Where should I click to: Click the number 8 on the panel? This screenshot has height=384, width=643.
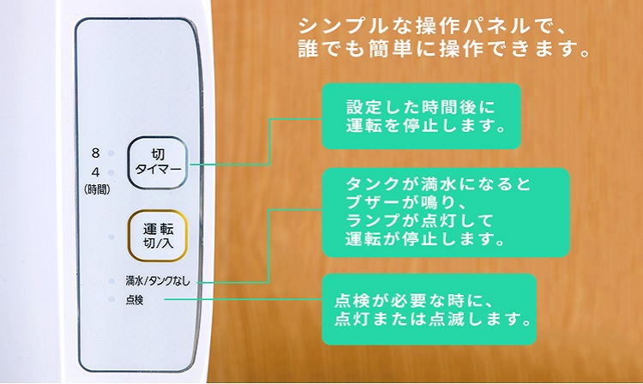pyautogui.click(x=96, y=153)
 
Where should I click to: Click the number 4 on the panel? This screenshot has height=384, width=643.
pyautogui.click(x=96, y=170)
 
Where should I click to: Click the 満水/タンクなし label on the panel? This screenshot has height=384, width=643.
pyautogui.click(x=158, y=280)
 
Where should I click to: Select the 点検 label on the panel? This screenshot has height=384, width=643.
pyautogui.click(x=135, y=299)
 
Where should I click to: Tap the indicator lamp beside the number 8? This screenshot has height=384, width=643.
pyautogui.click(x=113, y=154)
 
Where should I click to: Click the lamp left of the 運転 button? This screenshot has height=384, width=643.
pyautogui.click(x=111, y=237)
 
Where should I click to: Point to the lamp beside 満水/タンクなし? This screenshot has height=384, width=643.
pyautogui.click(x=111, y=281)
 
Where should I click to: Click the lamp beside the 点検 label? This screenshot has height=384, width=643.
pyautogui.click(x=111, y=299)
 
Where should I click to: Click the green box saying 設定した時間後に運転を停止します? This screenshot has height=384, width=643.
pyautogui.click(x=422, y=116)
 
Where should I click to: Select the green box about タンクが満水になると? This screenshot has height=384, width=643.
pyautogui.click(x=446, y=213)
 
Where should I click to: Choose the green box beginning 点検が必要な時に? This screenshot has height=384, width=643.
pyautogui.click(x=429, y=310)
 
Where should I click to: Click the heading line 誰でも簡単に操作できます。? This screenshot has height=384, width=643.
pyautogui.click(x=442, y=51)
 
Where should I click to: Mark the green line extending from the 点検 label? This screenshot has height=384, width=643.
pyautogui.click(x=240, y=299)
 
